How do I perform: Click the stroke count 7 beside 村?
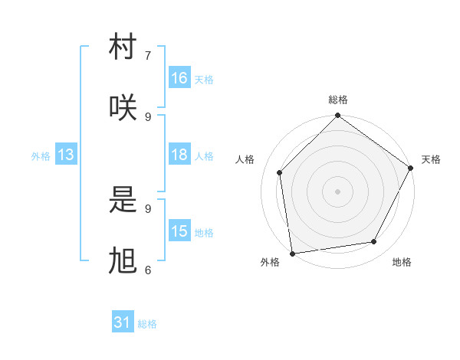(x=148, y=55)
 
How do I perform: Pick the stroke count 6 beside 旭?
(x=148, y=270)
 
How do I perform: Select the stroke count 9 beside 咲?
(x=148, y=116)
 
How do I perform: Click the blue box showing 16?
(x=179, y=78)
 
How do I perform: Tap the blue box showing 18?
(x=179, y=155)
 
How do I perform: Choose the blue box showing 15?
(x=179, y=231)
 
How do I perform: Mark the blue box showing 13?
(x=66, y=155)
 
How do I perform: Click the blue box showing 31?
(x=123, y=322)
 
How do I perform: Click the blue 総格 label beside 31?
(x=147, y=324)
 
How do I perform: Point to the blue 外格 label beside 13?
(x=41, y=155)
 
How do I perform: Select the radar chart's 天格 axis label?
(x=431, y=159)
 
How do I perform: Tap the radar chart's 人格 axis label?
(x=245, y=159)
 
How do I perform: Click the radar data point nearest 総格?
(x=337, y=116)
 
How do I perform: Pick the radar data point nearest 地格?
(x=374, y=241)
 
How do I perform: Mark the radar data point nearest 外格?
(x=292, y=253)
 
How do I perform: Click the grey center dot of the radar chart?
(x=337, y=191)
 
